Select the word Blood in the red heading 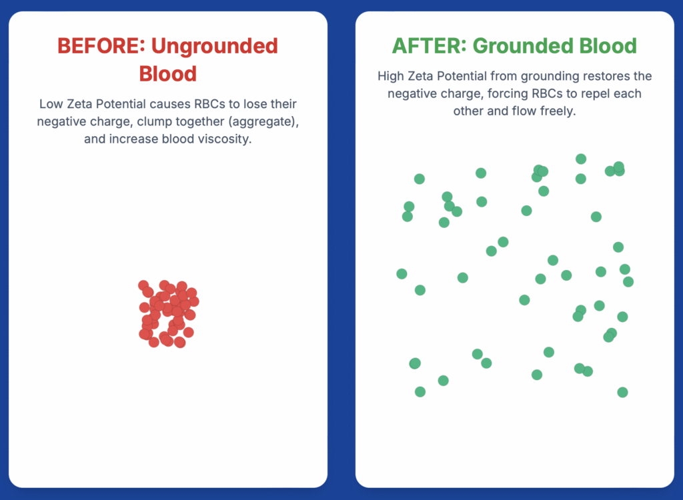point(167,73)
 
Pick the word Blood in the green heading point(608,46)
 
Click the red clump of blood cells point(169,313)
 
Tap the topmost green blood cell point(581,159)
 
